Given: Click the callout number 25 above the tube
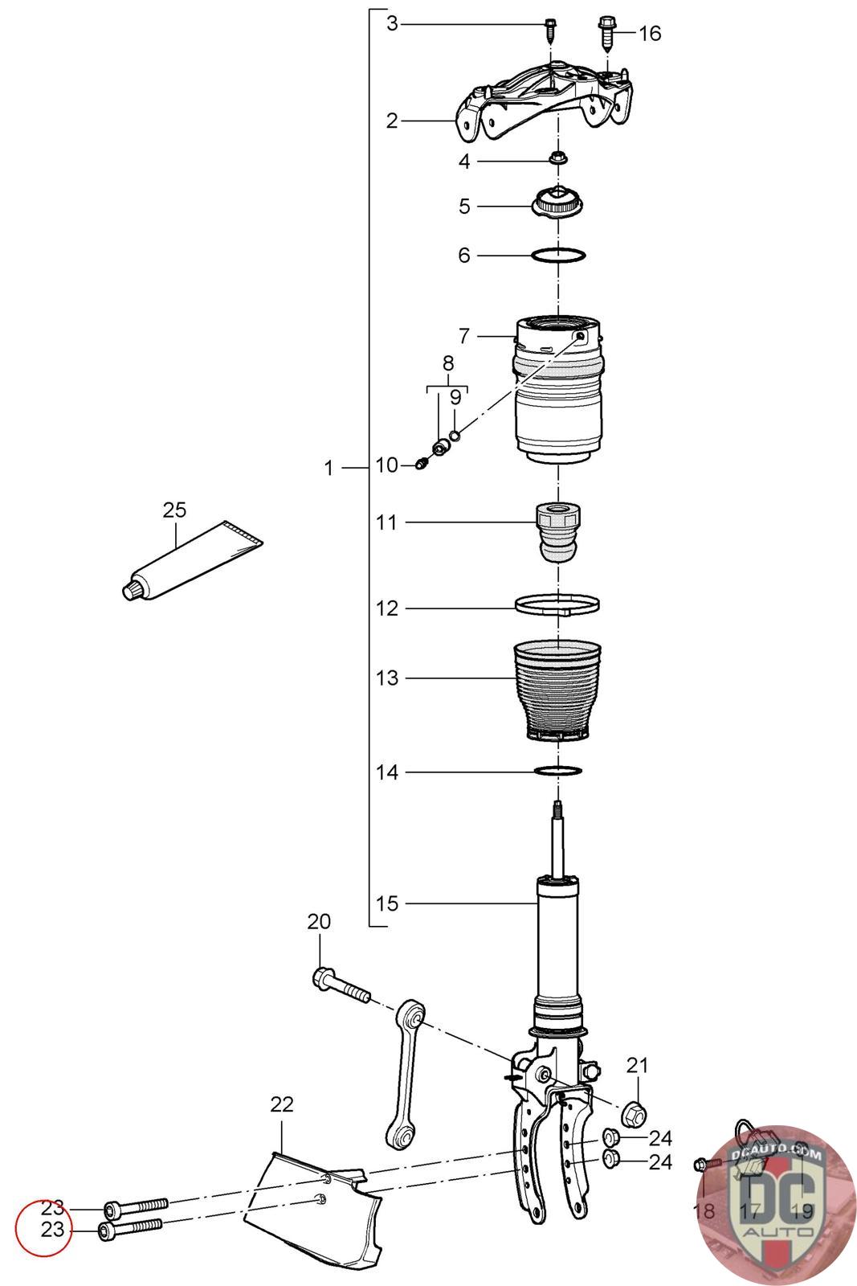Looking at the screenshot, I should click(174, 510).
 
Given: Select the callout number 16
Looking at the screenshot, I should click(650, 33).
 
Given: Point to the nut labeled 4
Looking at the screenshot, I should click(556, 157).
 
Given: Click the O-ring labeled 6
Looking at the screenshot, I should click(557, 256).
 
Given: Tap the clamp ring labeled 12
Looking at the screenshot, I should click(557, 604).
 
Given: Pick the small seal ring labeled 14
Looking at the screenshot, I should click(557, 772).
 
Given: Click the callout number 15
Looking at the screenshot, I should click(387, 903).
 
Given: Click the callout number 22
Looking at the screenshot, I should click(282, 1104).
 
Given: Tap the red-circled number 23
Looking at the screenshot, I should click(52, 1230).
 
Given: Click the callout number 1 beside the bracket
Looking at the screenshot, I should click(329, 468).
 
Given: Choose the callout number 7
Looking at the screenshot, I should click(464, 335).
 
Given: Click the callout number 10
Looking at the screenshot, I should click(387, 465).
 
